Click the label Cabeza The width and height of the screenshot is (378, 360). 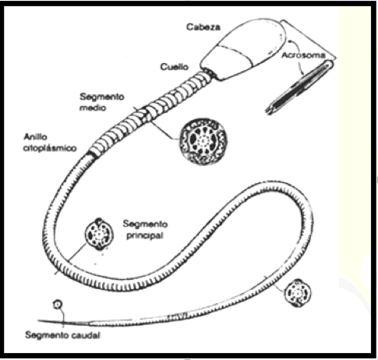(203, 27)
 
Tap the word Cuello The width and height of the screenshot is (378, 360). (174, 67)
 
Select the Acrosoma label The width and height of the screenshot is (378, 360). (303, 55)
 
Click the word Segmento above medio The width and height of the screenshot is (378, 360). (102, 97)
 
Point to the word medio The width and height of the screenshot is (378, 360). (93, 108)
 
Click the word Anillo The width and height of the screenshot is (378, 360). (36, 137)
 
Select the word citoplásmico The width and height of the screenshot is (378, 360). (50, 148)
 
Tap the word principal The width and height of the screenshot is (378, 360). (145, 235)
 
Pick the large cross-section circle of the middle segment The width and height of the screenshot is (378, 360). (203, 141)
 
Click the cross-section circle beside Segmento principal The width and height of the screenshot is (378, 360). (99, 235)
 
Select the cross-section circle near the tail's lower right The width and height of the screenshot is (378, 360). (298, 293)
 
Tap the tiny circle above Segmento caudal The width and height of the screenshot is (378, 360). (58, 304)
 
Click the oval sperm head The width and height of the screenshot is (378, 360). (243, 49)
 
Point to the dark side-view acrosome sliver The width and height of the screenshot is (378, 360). (299, 87)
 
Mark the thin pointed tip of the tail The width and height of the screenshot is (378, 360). (39, 321)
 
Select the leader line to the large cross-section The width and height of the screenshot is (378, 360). (164, 131)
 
